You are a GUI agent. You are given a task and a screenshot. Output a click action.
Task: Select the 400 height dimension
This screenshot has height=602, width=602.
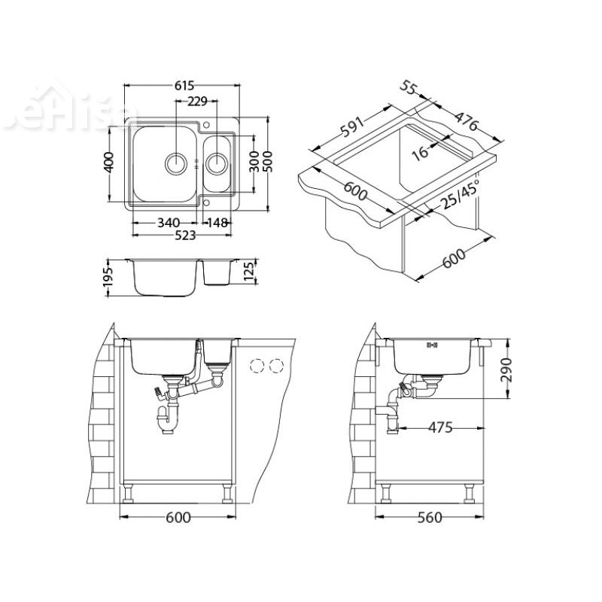tap(109, 162)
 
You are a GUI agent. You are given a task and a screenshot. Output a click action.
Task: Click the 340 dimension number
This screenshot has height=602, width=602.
tap(168, 223)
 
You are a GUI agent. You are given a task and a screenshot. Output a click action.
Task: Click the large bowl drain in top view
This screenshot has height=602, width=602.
tap(176, 162)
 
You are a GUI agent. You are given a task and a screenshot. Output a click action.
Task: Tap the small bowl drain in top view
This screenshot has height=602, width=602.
tap(217, 162)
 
